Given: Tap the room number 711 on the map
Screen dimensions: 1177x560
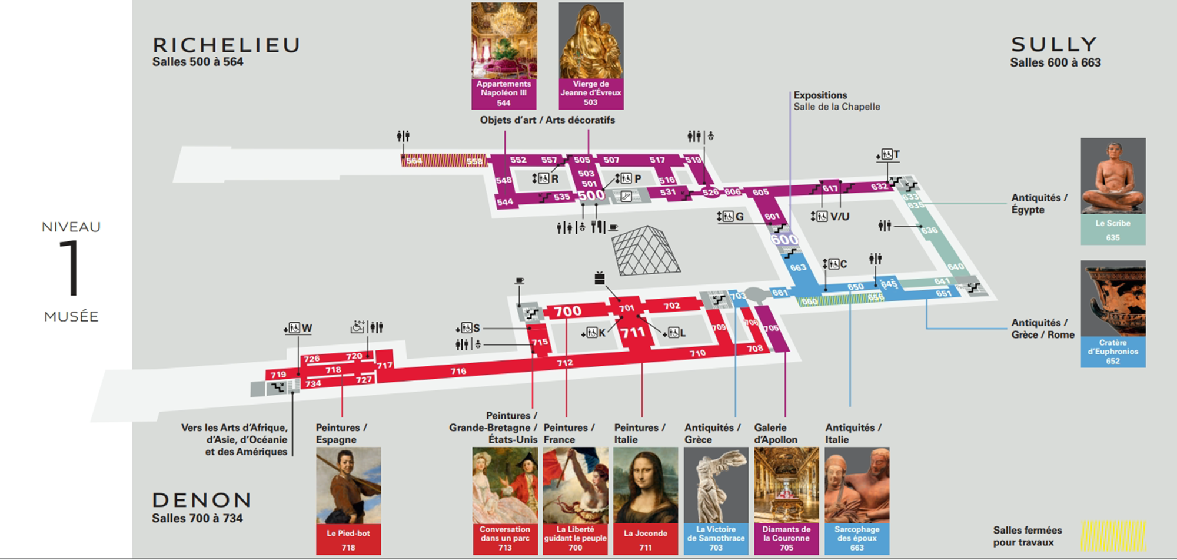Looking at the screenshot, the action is [x=633, y=333].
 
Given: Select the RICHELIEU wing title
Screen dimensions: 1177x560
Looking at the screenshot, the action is [x=227, y=45].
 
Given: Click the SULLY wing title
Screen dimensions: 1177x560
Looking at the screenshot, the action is [x=1054, y=45].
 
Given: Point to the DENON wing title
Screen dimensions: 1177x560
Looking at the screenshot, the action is [x=202, y=501].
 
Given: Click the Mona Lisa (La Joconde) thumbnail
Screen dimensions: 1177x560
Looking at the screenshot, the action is [x=646, y=485].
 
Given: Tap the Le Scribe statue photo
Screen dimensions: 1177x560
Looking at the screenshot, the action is [x=1113, y=175].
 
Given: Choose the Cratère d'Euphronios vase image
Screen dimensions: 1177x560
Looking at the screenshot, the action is [x=1113, y=298].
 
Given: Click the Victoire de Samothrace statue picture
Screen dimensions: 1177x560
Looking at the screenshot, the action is [x=716, y=485].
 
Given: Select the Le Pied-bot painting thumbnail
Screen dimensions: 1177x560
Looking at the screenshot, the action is [x=348, y=485].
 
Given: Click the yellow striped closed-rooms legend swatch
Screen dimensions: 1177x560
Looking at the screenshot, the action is [x=1113, y=535].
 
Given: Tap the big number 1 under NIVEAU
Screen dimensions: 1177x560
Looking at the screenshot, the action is [x=71, y=268].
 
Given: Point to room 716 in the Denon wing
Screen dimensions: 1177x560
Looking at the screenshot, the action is [x=458, y=371].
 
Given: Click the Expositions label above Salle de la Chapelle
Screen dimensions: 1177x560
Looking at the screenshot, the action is [x=820, y=95].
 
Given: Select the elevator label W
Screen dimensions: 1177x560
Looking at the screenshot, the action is [x=307, y=328].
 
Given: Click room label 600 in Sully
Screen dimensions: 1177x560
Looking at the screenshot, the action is [x=784, y=240].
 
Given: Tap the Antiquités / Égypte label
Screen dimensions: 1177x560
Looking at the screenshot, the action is [x=1039, y=204].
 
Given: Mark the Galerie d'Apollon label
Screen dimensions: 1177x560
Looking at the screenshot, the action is [x=776, y=433].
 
